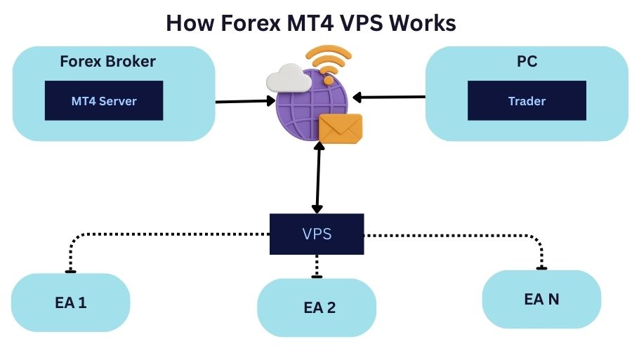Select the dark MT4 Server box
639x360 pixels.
coord(104,100)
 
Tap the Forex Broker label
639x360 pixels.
coord(107,61)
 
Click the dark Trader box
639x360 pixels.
coord(527,100)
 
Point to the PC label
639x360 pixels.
coord(527,61)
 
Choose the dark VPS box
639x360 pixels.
coord(317,234)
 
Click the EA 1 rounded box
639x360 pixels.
coord(70,302)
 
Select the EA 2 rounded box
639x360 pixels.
coord(317,307)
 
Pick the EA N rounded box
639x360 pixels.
coord(541,299)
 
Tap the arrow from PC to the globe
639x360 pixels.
coord(390,97)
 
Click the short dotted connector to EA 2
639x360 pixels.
coord(317,265)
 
